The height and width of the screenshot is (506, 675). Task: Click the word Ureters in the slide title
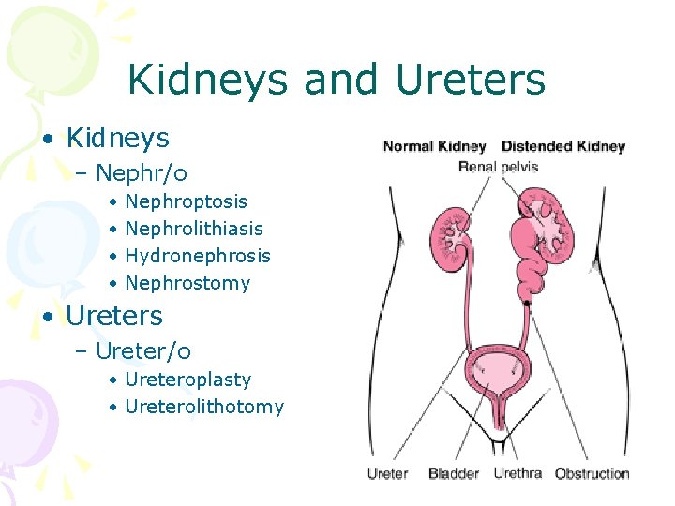point(471,80)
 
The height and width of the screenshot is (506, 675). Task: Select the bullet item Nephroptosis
point(186,201)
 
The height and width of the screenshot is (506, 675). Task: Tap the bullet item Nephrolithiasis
point(193,229)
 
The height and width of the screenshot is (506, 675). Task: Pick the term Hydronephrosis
point(197,256)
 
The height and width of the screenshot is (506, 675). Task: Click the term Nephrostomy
point(187,283)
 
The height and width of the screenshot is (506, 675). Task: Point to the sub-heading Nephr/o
point(142,173)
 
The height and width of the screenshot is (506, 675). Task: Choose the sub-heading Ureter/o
point(143,351)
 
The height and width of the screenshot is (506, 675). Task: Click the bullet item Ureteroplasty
point(187,379)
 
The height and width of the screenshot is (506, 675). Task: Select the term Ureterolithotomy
point(203,407)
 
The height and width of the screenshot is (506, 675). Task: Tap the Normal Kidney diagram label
point(434,146)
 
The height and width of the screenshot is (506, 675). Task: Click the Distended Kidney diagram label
point(562,146)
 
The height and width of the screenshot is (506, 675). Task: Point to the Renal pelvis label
point(498,167)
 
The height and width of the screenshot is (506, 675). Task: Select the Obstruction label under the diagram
point(592,473)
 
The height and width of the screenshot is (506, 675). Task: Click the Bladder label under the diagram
point(454,473)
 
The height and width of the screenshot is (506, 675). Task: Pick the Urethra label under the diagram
point(517,473)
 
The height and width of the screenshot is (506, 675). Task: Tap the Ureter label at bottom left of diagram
point(387,473)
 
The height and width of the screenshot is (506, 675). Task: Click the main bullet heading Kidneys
point(117,139)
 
